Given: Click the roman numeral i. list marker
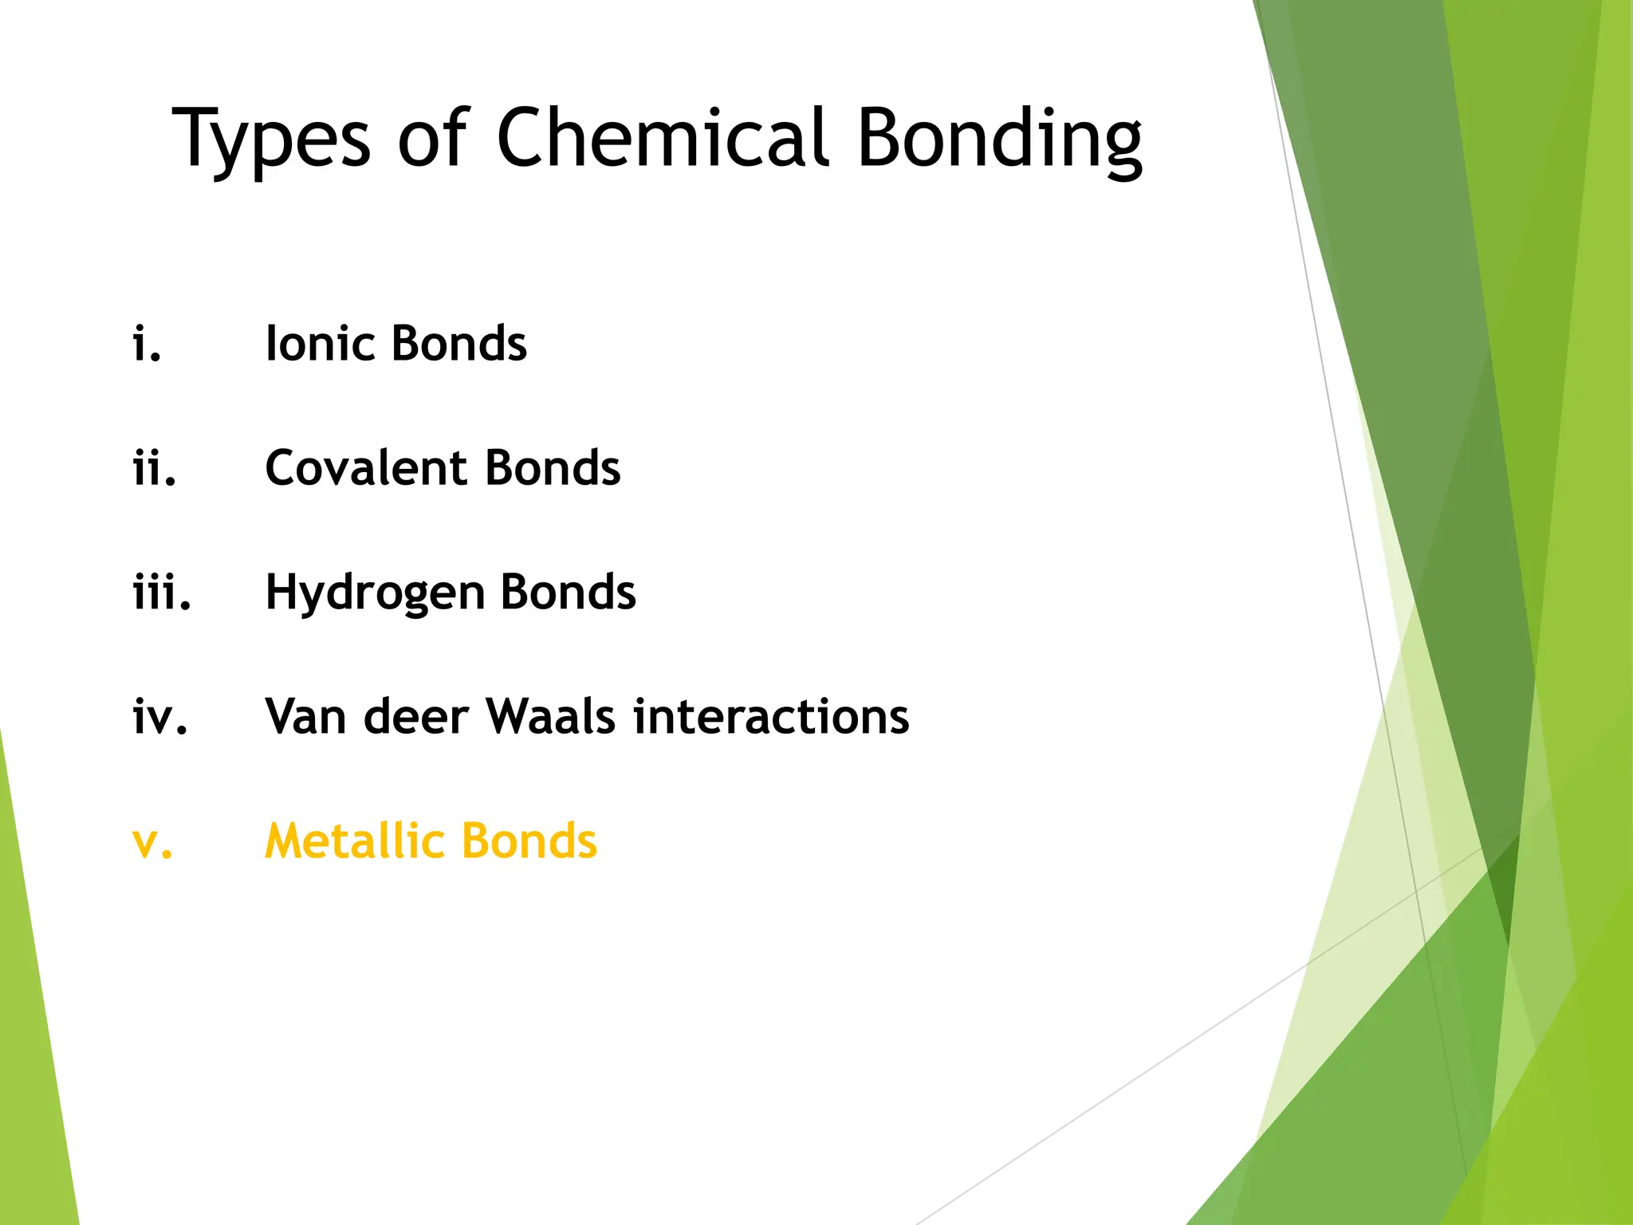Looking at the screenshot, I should coord(147,344).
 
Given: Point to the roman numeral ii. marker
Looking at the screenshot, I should coord(154,468).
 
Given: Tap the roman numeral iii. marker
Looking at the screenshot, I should coord(162,593).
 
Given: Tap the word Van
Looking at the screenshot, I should coord(305,717).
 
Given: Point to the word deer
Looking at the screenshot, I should coord(415,717).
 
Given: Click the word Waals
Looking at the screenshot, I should coord(551,717).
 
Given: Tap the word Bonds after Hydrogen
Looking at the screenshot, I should coord(569,593).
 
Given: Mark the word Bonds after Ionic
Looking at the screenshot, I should coord(459,344).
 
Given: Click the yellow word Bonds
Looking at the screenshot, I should coord(529,841).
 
